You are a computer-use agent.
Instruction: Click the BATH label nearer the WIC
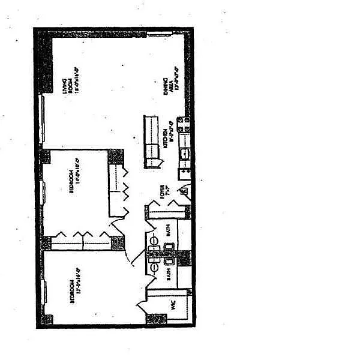pos(169,274)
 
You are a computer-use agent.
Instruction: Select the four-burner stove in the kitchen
pos(187,125)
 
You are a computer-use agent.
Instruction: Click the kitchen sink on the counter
pos(186,153)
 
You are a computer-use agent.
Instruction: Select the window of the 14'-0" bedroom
pos(43,192)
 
